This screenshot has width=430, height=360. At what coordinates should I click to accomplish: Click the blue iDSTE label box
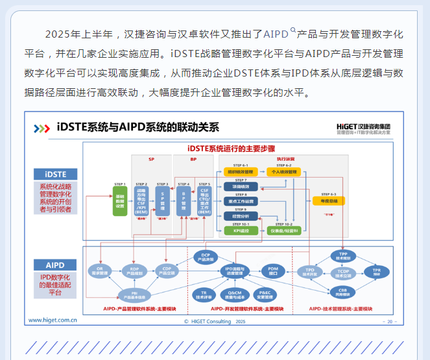coord(55,174)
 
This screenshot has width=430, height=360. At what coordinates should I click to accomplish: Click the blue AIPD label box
coord(55,265)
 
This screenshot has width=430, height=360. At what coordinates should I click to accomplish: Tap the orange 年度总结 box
coord(329,201)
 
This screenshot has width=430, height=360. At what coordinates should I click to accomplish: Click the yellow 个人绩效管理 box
coord(284,172)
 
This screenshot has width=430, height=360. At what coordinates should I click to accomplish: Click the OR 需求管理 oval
coord(100,271)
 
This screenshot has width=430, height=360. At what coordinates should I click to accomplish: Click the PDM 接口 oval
coord(273,270)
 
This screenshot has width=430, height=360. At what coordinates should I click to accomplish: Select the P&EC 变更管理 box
coord(265,296)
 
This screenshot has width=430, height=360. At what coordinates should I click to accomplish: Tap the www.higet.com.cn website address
coord(53,320)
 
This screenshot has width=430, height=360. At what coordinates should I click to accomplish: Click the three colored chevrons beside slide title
coord(42,128)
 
